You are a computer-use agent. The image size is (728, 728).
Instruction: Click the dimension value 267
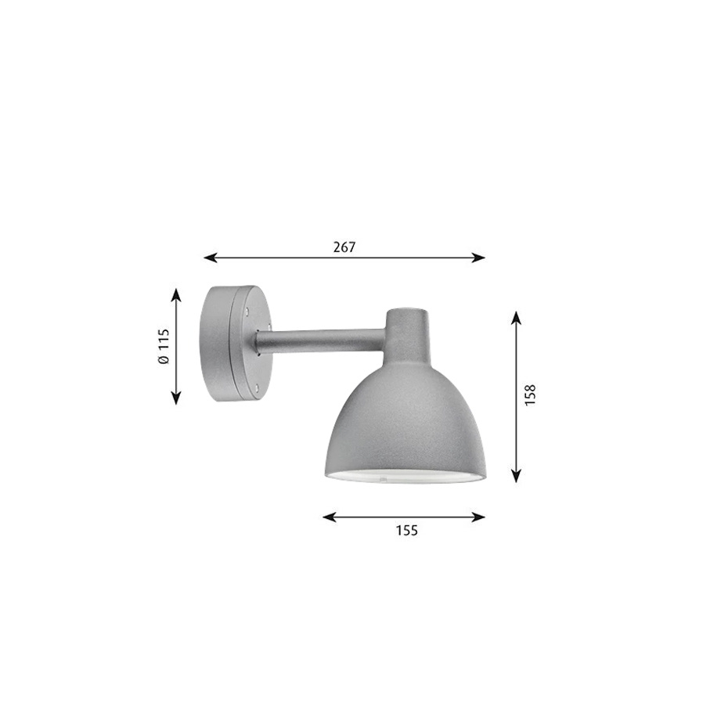pos(344,247)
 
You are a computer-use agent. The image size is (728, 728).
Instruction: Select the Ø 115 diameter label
pos(163,346)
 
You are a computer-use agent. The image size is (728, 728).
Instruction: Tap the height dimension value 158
pos(531,395)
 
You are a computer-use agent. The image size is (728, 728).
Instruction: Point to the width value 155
pos(406,530)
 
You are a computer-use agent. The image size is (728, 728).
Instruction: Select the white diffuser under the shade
pos(403,477)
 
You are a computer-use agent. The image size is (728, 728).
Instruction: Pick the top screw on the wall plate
pos(249,311)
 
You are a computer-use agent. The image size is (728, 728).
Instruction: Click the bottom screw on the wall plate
pos(255,384)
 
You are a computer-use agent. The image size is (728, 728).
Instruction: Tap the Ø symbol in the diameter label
pos(163,360)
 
